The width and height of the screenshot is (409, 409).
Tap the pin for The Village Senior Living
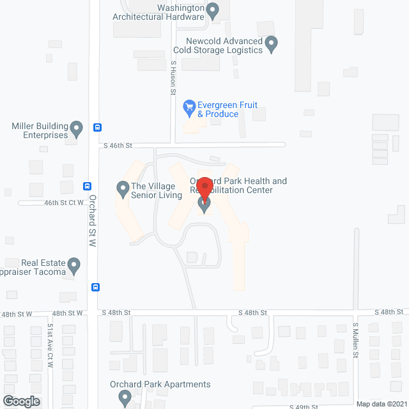point(123,189)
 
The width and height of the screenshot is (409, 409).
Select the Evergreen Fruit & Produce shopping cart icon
point(189,107)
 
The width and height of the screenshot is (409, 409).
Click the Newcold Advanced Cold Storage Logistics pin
point(272,45)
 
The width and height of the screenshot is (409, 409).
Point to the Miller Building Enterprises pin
point(77,130)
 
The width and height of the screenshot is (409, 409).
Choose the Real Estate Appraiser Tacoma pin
point(74,265)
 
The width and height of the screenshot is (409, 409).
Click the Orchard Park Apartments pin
point(125,398)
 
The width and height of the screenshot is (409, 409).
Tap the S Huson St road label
point(173,78)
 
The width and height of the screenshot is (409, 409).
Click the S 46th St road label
point(118,146)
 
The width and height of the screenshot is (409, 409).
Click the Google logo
point(20,401)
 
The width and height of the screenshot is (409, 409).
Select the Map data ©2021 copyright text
point(381,404)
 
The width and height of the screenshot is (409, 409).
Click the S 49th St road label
point(304,406)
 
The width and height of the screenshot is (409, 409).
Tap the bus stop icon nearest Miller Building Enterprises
point(97,127)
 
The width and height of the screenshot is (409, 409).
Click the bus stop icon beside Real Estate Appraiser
point(95,287)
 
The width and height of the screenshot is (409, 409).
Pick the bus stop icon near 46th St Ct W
point(87,187)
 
